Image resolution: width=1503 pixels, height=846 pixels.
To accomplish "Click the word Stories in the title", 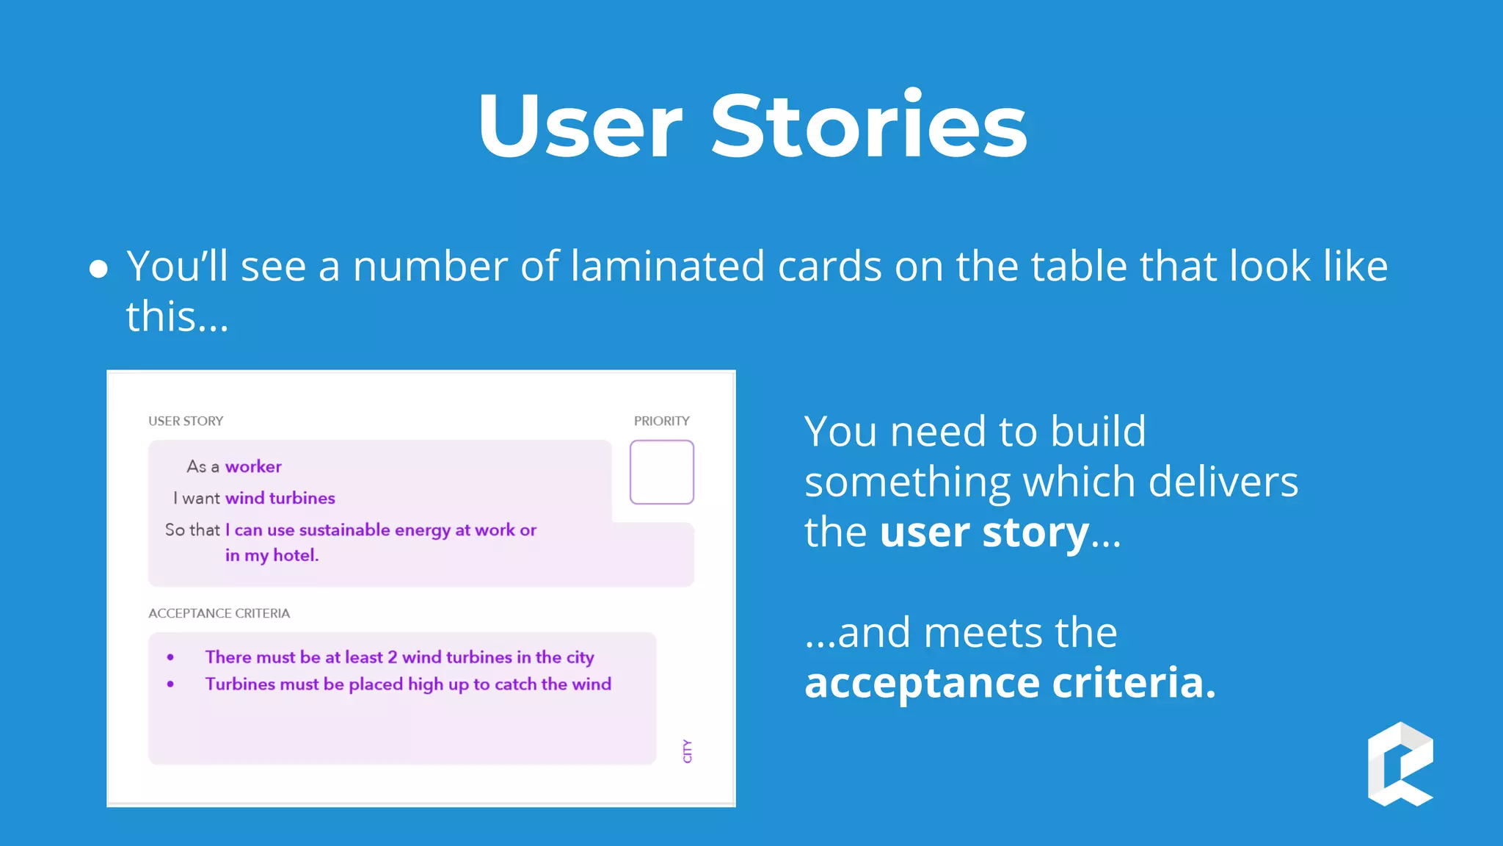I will [x=869, y=126].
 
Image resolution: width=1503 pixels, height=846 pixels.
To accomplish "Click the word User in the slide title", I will [x=580, y=126].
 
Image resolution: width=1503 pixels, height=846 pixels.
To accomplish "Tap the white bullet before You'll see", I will [x=98, y=269].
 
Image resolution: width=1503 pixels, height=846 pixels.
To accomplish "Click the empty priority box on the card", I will [x=661, y=472].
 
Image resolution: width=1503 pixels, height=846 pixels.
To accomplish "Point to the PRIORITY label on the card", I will [x=661, y=421].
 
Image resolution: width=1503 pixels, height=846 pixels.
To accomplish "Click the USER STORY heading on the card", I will [x=186, y=421].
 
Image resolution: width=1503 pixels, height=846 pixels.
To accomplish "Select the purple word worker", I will [x=253, y=466].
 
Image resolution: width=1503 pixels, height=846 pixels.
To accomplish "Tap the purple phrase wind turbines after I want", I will [x=280, y=498].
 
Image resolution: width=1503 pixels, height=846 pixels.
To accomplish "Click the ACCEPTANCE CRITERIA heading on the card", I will [x=219, y=613].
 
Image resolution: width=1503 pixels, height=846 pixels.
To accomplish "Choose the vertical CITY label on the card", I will [x=687, y=751].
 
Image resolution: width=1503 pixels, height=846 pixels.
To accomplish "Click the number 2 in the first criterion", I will [x=392, y=657].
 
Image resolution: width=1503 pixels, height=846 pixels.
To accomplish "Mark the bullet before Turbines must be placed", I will [x=170, y=684].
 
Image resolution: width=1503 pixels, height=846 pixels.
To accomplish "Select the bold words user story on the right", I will [x=984, y=532].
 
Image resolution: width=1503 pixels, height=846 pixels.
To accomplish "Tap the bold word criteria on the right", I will [x=1134, y=683].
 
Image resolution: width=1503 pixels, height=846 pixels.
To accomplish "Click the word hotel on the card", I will [x=295, y=555].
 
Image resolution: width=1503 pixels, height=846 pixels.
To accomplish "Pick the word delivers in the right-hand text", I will [x=1223, y=482].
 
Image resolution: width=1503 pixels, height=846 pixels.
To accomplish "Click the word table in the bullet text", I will [x=1079, y=266].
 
